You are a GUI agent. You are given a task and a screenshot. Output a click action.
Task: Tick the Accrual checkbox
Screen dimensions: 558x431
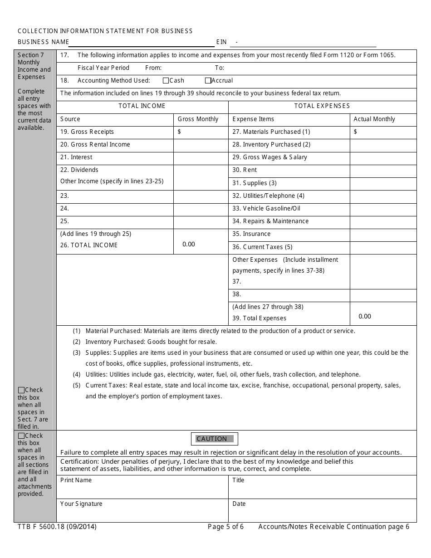(208, 81)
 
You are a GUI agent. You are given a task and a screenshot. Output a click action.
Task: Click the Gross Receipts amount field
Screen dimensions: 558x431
(201, 132)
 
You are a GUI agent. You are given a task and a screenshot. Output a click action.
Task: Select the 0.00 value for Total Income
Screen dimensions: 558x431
(189, 245)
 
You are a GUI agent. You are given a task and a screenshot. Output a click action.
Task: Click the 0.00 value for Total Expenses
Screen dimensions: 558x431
(365, 316)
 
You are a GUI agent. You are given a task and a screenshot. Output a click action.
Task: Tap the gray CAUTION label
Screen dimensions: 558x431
(214, 439)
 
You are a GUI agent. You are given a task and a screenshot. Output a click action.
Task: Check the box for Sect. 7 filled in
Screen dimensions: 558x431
(21, 390)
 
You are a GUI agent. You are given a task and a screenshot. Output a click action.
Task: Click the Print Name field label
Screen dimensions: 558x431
(76, 480)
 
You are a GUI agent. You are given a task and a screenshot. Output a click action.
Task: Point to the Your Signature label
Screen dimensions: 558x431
(81, 504)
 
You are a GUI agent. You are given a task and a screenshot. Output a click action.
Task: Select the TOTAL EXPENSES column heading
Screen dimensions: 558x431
(322, 106)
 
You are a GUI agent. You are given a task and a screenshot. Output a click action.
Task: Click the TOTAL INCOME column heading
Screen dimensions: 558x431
(142, 106)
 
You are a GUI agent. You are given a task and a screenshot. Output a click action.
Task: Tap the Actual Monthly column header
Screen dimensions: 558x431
(374, 119)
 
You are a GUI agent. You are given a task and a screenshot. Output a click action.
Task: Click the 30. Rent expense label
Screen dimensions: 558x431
(245, 170)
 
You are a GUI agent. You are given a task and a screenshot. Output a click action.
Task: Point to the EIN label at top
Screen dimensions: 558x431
(221, 42)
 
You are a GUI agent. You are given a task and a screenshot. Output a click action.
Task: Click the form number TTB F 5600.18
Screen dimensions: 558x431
(57, 527)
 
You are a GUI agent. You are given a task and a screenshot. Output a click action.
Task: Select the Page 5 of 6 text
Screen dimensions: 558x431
(225, 527)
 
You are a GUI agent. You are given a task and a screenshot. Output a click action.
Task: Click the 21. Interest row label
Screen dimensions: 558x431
(76, 157)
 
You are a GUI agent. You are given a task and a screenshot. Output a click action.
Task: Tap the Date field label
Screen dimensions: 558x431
(239, 504)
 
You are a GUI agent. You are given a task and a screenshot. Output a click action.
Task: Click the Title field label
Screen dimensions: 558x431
(238, 480)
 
